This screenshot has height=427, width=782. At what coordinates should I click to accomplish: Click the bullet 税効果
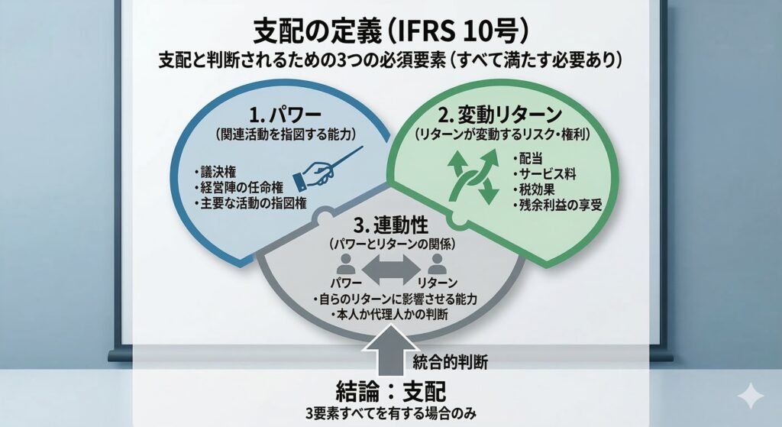pos(538,190)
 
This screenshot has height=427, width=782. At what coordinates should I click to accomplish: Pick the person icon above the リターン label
pos(438,265)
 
